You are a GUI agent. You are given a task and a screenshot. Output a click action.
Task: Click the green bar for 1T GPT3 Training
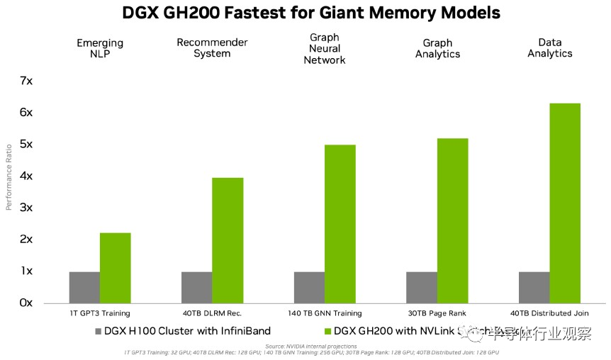click(115, 267)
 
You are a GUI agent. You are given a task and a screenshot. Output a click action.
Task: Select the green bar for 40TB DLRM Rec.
click(228, 240)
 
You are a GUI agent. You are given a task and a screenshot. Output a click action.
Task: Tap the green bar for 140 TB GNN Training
click(340, 223)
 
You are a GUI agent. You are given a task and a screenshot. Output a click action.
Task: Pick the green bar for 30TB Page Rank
click(452, 220)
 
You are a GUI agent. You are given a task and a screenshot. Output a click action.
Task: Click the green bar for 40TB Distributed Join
click(565, 203)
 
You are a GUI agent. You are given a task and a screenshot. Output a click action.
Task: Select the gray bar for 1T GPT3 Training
click(84, 287)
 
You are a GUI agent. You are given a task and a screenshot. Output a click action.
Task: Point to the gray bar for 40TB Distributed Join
click(534, 287)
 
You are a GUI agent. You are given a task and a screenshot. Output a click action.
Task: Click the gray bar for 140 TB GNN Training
click(309, 287)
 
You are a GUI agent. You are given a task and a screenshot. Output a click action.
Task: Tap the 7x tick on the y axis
click(26, 81)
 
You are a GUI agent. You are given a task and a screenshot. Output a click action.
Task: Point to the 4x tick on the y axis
click(26, 176)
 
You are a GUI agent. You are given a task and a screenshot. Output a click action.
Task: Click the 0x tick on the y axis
click(26, 303)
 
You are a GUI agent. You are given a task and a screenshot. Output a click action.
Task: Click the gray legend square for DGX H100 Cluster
click(98, 331)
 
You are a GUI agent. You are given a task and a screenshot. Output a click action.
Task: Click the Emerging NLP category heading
click(101, 48)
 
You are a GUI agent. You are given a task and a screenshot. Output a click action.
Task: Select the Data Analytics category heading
click(549, 48)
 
